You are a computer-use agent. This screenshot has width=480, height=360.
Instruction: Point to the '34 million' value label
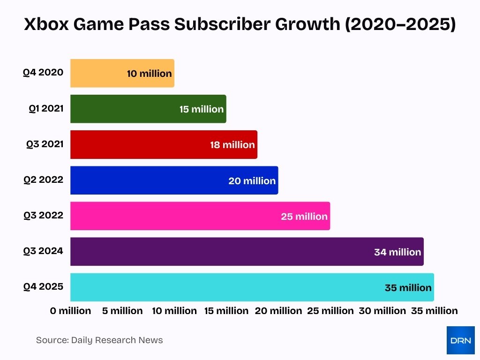pyautogui.click(x=397, y=252)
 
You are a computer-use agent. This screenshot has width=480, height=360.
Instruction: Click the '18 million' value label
pyautogui.click(x=232, y=145)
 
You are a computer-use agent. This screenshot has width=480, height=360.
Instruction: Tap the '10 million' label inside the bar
pyautogui.click(x=149, y=74)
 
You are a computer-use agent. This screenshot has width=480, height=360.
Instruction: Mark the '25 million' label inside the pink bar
pyautogui.click(x=304, y=217)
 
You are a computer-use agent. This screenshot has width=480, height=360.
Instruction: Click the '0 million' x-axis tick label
pyautogui.click(x=71, y=311)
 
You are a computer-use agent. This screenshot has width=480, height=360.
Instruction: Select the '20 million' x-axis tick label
pyautogui.click(x=278, y=311)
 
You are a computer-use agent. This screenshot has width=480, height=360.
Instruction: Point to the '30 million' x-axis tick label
pyautogui.click(x=382, y=311)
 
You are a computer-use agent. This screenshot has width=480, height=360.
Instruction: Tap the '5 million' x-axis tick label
pyautogui.click(x=122, y=311)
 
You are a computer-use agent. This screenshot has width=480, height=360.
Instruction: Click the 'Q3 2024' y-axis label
pyautogui.click(x=43, y=251)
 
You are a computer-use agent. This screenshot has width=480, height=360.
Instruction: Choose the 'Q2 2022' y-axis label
pyautogui.click(x=43, y=180)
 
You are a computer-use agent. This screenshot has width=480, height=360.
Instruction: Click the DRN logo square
pyautogui.click(x=460, y=340)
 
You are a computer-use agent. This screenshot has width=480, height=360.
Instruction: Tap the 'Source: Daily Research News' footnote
pyautogui.click(x=99, y=340)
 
